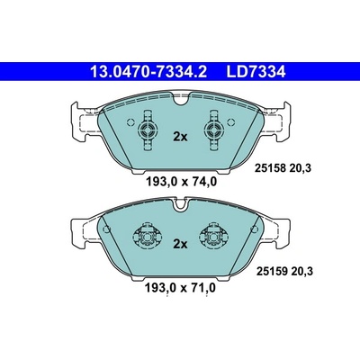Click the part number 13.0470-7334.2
[148, 72]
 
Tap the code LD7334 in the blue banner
[256, 72]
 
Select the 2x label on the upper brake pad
[180, 137]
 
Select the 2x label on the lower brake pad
[180, 244]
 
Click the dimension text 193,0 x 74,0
[181, 182]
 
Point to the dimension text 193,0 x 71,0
[180, 288]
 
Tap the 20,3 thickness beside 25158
[301, 168]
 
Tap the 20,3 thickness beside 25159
[301, 272]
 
